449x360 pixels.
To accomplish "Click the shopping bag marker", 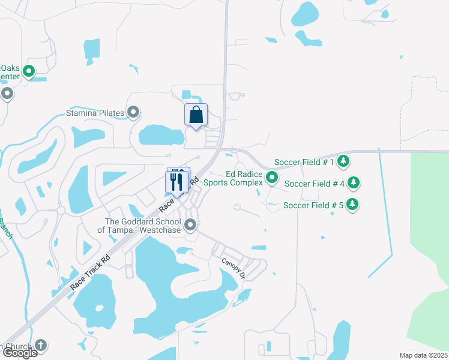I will click(196, 115).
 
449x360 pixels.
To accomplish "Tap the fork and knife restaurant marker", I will click(176, 182).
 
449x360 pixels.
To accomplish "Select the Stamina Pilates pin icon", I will click(133, 112).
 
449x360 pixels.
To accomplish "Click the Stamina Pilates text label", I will click(95, 113).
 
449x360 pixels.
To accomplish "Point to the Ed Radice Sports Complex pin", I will click(272, 178).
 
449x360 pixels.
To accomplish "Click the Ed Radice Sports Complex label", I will click(234, 178).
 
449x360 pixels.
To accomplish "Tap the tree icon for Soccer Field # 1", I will click(343, 161).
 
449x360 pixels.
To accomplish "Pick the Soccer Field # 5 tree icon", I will click(353, 204).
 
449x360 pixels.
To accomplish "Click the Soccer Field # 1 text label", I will click(304, 162).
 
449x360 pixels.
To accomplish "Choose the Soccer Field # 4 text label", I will click(315, 184).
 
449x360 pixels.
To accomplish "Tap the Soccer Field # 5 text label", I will click(313, 205).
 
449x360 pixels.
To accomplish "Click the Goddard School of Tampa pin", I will click(191, 225).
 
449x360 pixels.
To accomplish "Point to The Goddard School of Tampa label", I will click(143, 225).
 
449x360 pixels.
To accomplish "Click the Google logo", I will click(19, 353).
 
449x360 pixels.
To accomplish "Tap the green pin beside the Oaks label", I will click(28, 73).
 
